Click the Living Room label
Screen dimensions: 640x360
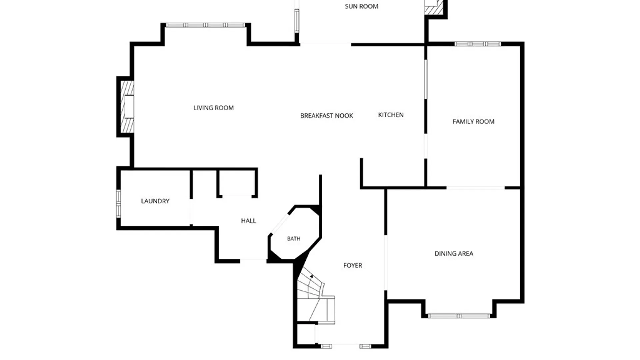tap(213, 108)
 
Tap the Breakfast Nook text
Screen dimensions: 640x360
tap(327, 116)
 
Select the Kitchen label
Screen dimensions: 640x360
tap(391, 115)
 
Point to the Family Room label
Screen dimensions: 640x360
tap(473, 122)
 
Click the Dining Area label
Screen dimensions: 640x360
tap(454, 254)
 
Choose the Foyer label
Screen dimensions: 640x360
tap(353, 265)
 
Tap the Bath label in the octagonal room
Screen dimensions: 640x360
tap(294, 239)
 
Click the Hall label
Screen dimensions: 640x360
tap(248, 221)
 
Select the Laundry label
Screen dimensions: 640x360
tap(155, 201)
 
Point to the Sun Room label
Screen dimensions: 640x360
tap(361, 6)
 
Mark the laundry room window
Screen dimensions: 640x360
tap(118, 204)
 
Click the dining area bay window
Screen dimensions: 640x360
tap(459, 316)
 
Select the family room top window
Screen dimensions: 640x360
tap(477, 44)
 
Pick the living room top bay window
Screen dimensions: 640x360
tap(205, 25)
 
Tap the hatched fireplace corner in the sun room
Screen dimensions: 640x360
tap(434, 7)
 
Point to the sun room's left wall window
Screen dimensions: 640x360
tap(297, 21)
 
